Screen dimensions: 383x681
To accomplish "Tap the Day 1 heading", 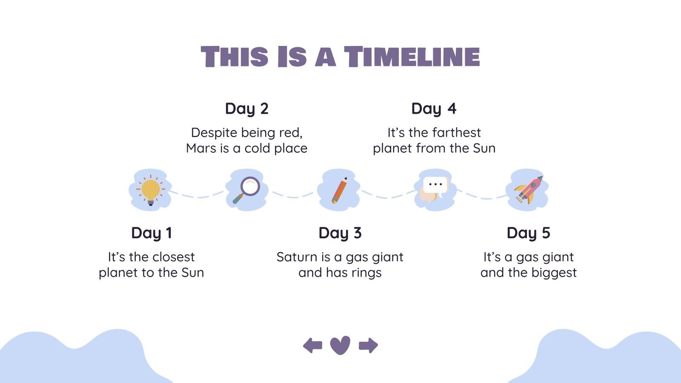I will pos(152,233).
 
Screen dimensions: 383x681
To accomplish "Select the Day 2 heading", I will pos(247,109).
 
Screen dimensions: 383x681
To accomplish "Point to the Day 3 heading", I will pos(340,233).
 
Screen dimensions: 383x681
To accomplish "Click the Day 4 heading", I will pos(434,109).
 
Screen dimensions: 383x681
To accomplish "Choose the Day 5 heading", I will pos(528,233).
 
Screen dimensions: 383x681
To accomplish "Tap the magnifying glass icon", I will pos(246,190).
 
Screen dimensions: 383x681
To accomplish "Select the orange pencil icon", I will pos(339,191).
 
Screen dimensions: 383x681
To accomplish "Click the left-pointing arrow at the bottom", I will pos(313,345).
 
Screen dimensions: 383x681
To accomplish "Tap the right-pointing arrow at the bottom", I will pos(368,345).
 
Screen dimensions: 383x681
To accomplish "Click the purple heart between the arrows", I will pos(340,345).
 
